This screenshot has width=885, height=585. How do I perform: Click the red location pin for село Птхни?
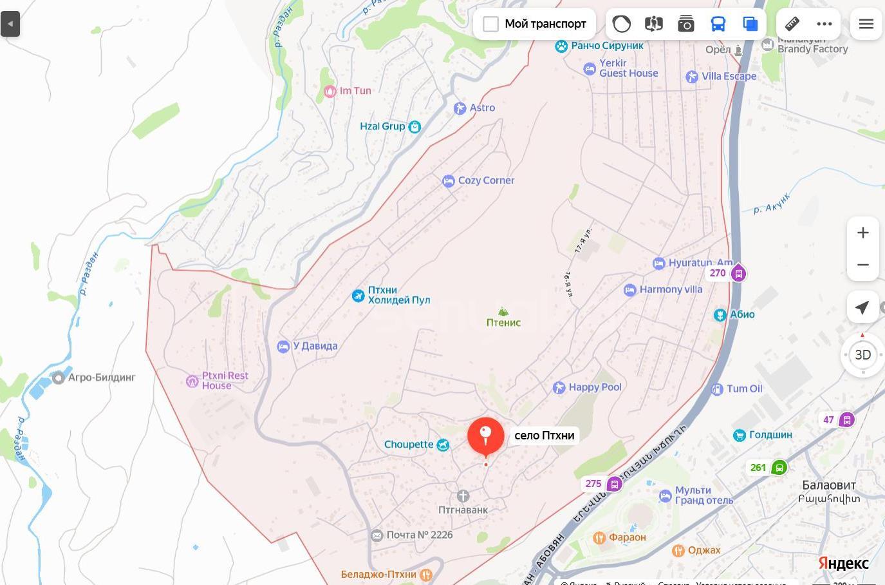pos(486,435)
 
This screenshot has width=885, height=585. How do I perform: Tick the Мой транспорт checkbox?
pos(490,24)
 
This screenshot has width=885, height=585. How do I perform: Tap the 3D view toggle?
pos(862,355)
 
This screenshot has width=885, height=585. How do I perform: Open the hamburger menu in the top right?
pos(866,24)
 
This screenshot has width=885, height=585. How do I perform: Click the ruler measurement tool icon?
pos(792,24)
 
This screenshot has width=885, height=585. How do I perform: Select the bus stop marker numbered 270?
pos(738,273)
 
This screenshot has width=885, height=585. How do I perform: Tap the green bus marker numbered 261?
pos(779,468)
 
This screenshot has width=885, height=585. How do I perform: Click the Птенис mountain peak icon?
pos(503,312)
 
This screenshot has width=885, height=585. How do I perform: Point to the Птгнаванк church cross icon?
pos(463,496)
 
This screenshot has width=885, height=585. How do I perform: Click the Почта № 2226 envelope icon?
pos(377,535)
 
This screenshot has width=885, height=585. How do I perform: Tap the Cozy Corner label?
pos(486,181)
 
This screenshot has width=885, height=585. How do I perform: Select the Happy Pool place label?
pos(595,387)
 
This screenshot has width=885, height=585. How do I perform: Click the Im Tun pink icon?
pos(330,91)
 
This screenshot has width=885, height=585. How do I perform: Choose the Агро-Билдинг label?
pos(102,378)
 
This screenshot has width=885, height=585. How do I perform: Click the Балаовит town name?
pos(829,485)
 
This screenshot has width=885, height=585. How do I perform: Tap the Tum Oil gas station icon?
pos(717,389)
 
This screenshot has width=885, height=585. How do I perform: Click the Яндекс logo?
pos(843,563)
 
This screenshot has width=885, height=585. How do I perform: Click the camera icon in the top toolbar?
pos(686,24)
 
